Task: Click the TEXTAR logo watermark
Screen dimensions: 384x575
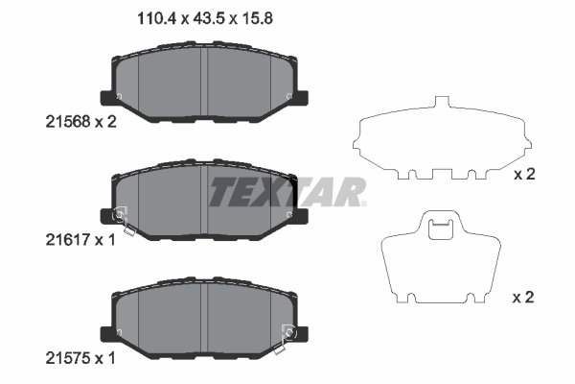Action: click(x=286, y=193)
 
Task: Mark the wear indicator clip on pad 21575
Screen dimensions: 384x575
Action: click(x=287, y=335)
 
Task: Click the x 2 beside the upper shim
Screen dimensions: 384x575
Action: click(x=523, y=175)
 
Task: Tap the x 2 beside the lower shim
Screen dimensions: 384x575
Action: click(x=523, y=299)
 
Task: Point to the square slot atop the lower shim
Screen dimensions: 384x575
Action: click(x=441, y=228)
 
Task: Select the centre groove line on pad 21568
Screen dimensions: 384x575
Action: click(x=206, y=81)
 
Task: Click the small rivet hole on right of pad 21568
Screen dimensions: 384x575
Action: click(x=288, y=94)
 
